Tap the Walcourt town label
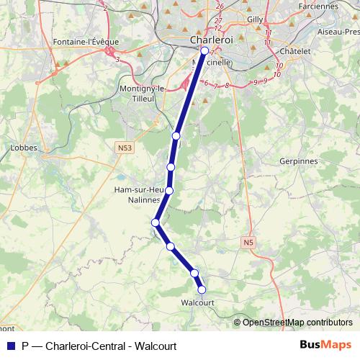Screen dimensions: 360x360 198,303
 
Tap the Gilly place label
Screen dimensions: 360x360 256,19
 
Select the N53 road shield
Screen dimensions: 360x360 126,148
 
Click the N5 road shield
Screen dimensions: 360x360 248,243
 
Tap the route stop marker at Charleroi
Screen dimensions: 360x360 204,51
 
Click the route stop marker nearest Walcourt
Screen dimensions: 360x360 202,290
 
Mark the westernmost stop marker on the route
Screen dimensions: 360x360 155,222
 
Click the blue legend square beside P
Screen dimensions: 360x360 9,346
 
